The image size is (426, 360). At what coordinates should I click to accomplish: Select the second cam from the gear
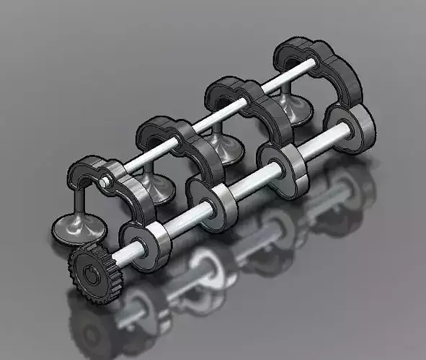coord(213,202)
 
